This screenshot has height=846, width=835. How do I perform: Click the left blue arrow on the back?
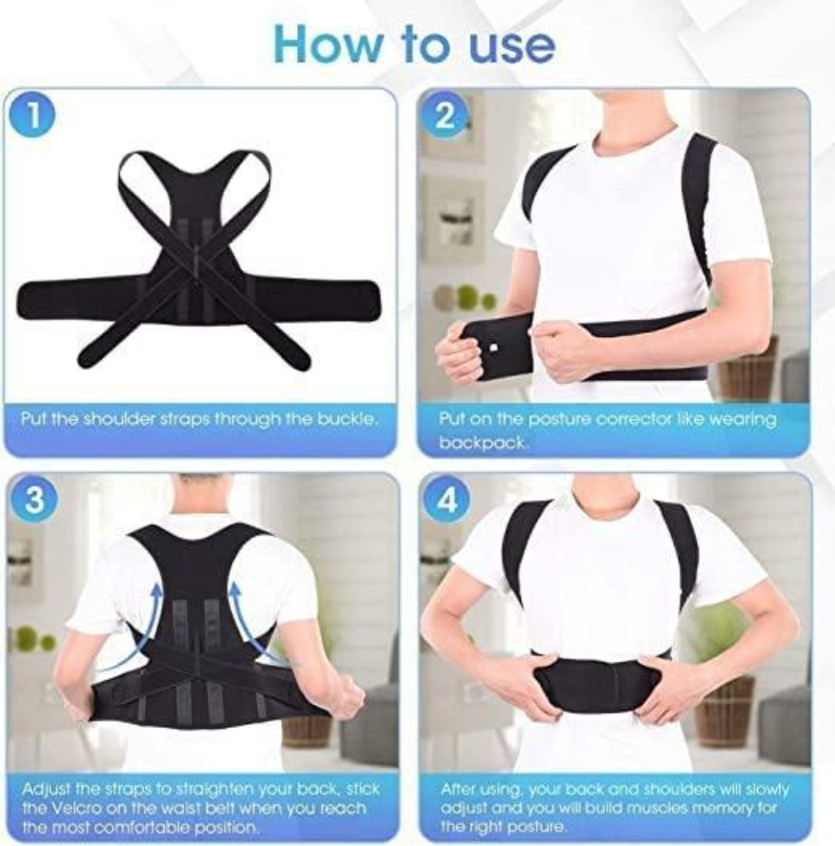(x=143, y=625)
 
